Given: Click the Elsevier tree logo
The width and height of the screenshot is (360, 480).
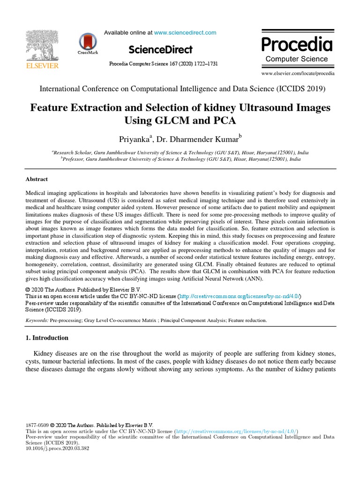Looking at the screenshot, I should [42, 45].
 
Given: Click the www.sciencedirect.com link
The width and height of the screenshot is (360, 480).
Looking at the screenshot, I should [185, 33].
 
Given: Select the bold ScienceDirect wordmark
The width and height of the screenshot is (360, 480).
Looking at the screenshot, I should [160, 49].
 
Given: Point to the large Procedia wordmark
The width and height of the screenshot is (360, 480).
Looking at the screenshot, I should [297, 45].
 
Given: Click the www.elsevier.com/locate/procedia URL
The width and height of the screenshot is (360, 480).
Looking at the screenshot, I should [298, 74].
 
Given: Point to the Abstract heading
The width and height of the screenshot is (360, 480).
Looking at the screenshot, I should [37, 179].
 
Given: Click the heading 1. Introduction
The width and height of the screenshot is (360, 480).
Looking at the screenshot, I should [47, 337].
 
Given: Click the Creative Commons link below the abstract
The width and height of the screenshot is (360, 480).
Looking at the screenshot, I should [240, 296].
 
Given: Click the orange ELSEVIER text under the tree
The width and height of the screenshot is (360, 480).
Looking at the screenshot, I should [42, 66].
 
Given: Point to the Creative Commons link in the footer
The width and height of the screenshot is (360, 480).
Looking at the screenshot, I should [236, 431].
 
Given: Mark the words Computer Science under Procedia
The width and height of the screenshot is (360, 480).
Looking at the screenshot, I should [297, 59].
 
